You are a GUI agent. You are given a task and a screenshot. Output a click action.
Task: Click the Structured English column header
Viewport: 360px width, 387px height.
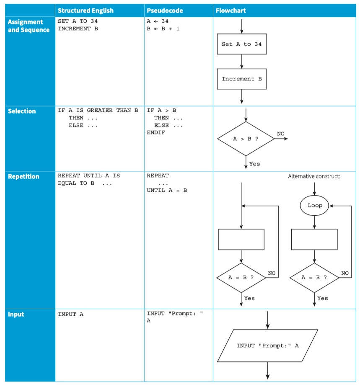point(85,10)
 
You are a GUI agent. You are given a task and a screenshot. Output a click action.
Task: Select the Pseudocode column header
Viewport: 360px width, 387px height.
point(165,10)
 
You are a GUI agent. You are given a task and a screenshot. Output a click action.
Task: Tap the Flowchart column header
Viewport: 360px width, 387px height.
point(231,10)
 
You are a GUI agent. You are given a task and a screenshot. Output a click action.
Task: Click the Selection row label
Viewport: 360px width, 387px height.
point(22,111)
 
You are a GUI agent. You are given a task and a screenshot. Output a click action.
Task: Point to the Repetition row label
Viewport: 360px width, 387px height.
point(23,176)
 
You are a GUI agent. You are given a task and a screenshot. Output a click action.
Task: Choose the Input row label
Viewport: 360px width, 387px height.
point(16,314)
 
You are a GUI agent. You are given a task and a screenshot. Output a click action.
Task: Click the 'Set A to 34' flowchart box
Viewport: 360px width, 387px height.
point(242,44)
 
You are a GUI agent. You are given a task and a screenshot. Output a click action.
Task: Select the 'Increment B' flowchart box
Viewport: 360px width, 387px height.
point(242,79)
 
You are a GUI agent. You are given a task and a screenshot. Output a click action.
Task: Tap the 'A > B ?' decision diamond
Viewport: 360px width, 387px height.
point(246,139)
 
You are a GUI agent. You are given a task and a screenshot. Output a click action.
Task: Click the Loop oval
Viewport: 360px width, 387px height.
point(314,205)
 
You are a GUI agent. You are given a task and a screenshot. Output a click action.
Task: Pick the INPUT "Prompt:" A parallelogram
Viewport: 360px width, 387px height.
point(267,346)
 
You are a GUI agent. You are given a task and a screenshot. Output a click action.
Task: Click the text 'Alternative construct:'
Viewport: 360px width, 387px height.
point(314,176)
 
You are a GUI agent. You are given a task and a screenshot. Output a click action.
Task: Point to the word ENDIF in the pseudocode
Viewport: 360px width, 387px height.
point(156,132)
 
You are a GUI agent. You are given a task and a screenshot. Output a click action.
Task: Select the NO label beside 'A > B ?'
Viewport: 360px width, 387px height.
point(280,134)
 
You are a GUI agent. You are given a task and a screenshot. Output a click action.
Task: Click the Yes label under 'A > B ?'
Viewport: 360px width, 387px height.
point(254,164)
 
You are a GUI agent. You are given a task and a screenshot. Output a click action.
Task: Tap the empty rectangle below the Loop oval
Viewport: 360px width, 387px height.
point(314,240)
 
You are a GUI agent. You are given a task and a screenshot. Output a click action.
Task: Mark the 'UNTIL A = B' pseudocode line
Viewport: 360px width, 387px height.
point(167,190)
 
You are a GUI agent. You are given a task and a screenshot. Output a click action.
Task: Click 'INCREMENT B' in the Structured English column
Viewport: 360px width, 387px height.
point(78,28)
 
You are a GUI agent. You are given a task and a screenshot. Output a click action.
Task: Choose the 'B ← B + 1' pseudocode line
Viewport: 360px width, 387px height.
point(163,28)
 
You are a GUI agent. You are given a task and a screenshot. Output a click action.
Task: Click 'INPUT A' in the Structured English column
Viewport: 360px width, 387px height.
point(71,314)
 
